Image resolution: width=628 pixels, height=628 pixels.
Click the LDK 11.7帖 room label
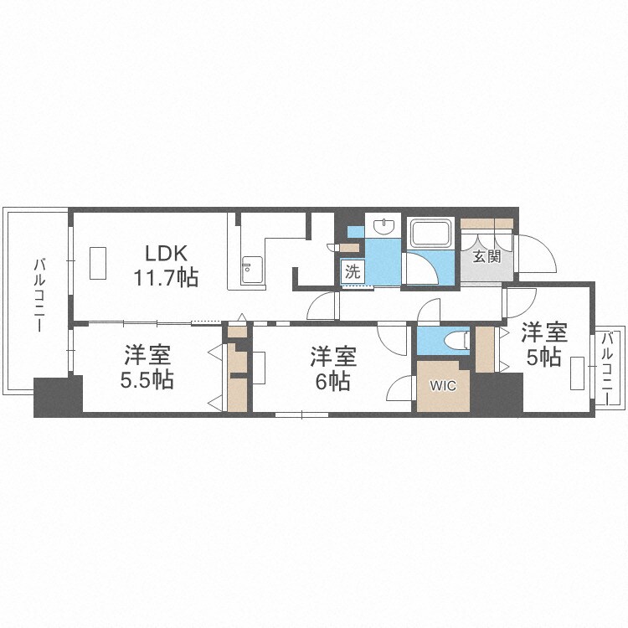[166, 265]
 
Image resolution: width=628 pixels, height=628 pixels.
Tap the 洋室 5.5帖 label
[147, 367]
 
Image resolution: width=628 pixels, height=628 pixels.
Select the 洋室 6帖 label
[333, 368]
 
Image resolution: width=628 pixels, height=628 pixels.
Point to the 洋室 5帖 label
[544, 344]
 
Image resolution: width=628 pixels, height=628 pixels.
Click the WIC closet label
[443, 386]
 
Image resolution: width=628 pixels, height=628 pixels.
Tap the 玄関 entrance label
[486, 256]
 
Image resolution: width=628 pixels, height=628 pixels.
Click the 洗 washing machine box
[353, 272]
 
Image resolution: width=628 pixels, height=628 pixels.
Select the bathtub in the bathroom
[430, 233]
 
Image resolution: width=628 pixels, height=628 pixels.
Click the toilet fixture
[457, 341]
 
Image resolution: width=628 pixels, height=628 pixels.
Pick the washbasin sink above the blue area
[383, 226]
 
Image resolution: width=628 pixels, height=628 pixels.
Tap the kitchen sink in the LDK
[252, 270]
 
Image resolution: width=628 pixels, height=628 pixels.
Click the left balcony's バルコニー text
[39, 296]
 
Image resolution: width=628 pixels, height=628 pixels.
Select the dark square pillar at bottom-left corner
[58, 397]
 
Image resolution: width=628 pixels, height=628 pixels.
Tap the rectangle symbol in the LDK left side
[98, 263]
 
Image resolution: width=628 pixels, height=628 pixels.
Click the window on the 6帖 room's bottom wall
[302, 415]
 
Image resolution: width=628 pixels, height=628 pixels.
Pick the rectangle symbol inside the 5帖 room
[577, 373]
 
